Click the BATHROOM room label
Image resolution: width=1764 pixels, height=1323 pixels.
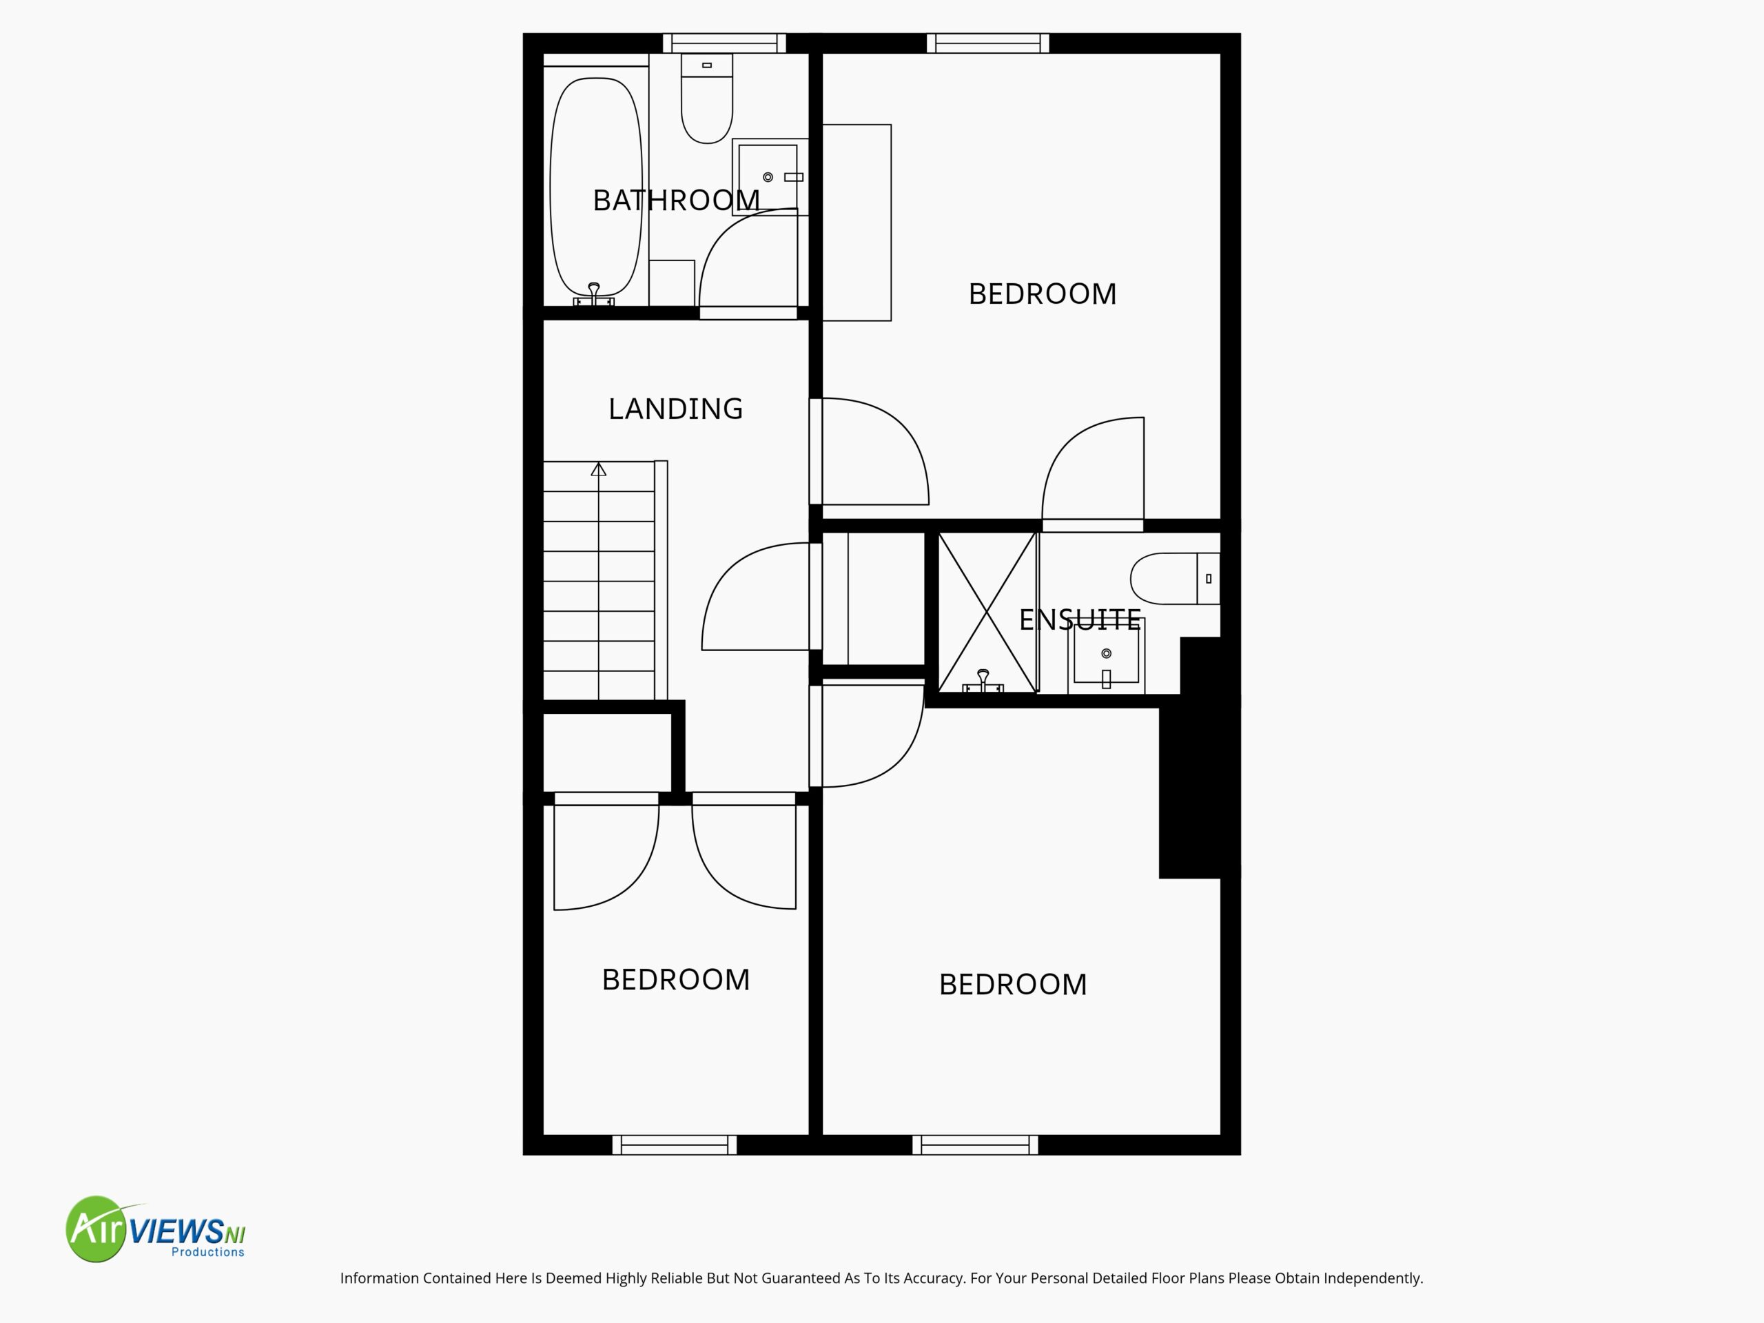pyautogui.click(x=676, y=200)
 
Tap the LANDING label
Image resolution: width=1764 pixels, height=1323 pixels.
pyautogui.click(x=675, y=409)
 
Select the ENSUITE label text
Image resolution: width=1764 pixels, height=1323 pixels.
pyautogui.click(x=1080, y=619)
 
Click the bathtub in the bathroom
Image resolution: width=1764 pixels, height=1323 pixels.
pyautogui.click(x=596, y=187)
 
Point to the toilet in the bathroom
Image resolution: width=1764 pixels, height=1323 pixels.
pyautogui.click(x=706, y=99)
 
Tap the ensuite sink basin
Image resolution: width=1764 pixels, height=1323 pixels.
pyautogui.click(x=1106, y=655)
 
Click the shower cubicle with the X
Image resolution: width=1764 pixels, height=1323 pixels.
pyautogui.click(x=987, y=612)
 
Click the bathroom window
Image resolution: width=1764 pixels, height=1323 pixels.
pyautogui.click(x=724, y=43)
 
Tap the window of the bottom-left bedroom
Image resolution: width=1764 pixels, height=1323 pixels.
pyautogui.click(x=675, y=1145)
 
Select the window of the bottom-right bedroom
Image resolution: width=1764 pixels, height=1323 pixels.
pyautogui.click(x=975, y=1145)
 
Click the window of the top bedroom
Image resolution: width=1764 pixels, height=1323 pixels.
pyautogui.click(x=987, y=43)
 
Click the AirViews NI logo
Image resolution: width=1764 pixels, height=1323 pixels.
pyautogui.click(x=156, y=1229)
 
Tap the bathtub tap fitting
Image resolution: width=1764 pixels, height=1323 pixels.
pyautogui.click(x=594, y=295)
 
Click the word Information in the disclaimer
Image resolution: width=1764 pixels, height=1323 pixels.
pyautogui.click(x=380, y=1278)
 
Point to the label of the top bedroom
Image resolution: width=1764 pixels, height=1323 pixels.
pyautogui.click(x=1043, y=294)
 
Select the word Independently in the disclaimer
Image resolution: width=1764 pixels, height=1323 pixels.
pyautogui.click(x=1373, y=1278)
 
